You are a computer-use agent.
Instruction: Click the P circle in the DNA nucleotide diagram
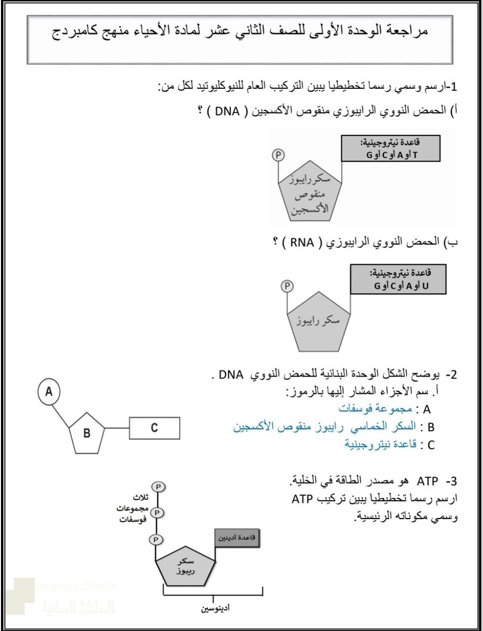click(x=278, y=155)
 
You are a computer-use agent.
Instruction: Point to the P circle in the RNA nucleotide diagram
click(x=286, y=285)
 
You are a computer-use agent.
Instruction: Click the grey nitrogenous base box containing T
click(x=394, y=148)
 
